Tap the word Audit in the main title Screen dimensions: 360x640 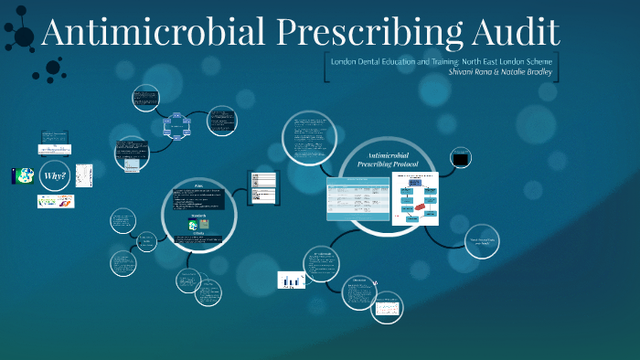coord(513,33)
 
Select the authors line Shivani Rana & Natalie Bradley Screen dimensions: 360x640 coord(501,71)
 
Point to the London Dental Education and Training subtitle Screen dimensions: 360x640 coord(441,58)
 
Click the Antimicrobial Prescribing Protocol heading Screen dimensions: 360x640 coord(392,162)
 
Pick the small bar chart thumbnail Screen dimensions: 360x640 coord(291,281)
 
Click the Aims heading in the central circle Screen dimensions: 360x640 coord(198,188)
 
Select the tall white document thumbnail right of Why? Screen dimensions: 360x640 coord(84,175)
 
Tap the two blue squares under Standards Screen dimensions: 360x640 coord(198,224)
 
